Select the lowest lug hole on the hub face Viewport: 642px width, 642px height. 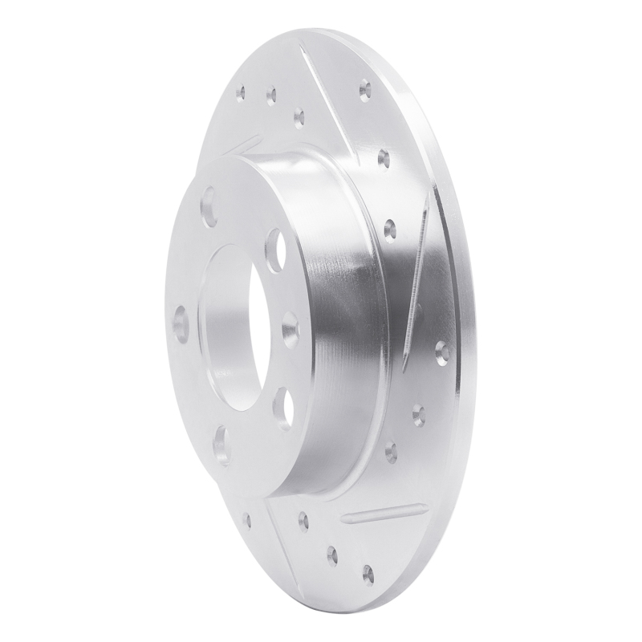(223, 445)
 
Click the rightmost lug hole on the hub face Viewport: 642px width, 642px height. (290, 324)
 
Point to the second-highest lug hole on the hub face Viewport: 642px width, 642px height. (274, 240)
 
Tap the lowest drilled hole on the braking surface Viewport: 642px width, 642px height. (368, 573)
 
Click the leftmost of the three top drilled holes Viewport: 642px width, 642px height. (239, 94)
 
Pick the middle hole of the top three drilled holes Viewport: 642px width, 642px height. (271, 95)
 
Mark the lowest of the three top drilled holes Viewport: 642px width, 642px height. (299, 120)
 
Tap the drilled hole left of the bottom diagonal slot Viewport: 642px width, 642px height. (246, 519)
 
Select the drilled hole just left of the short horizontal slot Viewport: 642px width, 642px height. (303, 521)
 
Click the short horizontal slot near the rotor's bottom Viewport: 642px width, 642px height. (384, 511)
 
